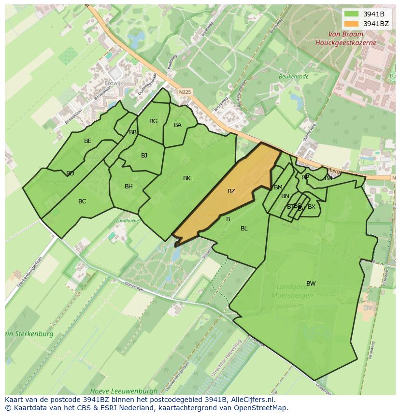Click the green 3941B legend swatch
[x=352, y=14]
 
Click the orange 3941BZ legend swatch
[x=352, y=24]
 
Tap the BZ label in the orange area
[x=231, y=191]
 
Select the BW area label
[x=311, y=284]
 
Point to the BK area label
[x=187, y=178]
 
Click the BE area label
[x=88, y=141]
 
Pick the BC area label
[x=82, y=201]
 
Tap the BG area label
[x=154, y=121]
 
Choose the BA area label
[x=178, y=125]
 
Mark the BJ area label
[x=144, y=156]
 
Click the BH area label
[x=129, y=186]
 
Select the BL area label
[x=244, y=229]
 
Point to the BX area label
[x=312, y=207]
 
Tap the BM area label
[x=278, y=187]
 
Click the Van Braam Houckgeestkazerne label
[x=345, y=39]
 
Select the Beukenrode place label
[x=293, y=76]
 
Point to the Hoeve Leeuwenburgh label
[x=124, y=391]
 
